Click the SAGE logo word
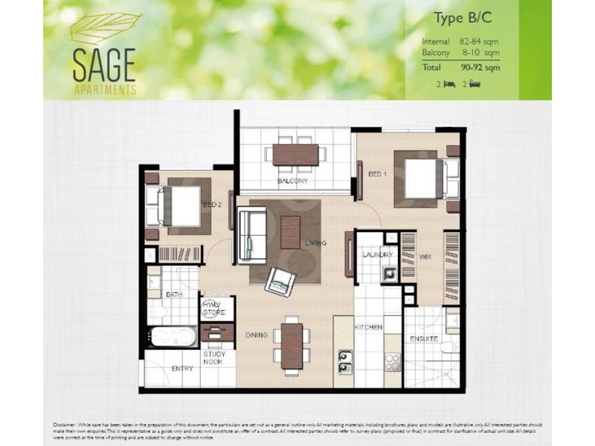click(103, 66)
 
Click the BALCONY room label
click(292, 181)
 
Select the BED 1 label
click(378, 174)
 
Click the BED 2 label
click(211, 205)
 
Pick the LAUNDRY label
click(377, 255)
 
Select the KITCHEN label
click(368, 327)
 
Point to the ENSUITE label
click(423, 340)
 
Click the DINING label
click(257, 335)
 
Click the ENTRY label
click(182, 369)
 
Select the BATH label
click(174, 295)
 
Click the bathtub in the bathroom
click(172, 337)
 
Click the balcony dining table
click(295, 155)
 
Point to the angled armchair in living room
click(281, 280)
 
